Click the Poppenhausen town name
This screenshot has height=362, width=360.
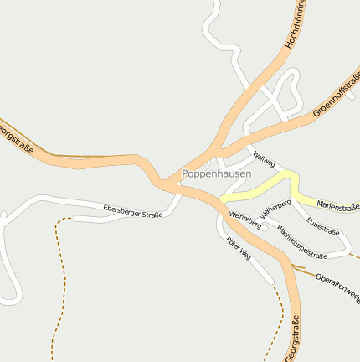coord(216,173)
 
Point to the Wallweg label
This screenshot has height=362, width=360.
coord(264,159)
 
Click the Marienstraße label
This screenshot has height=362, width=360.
coord(337,205)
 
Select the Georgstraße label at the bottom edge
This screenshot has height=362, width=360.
coord(292,339)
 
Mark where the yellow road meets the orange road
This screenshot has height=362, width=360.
coord(220,200)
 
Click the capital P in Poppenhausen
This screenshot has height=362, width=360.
coord(186,173)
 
